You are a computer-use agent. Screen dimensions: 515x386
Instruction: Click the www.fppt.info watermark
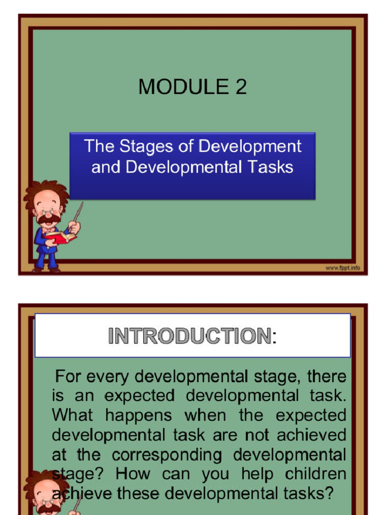click(x=343, y=268)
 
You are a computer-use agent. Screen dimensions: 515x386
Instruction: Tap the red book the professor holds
click(x=59, y=236)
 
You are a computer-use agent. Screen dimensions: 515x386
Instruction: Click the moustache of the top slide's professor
click(x=48, y=219)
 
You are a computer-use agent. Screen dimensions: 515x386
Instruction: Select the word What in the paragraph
click(x=72, y=415)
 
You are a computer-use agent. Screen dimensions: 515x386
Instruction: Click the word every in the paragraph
click(x=107, y=376)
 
